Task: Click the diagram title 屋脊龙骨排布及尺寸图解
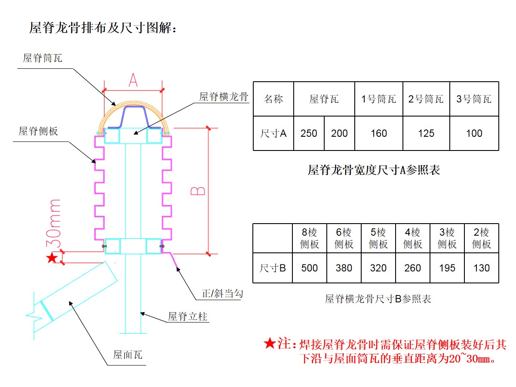click(x=102, y=28)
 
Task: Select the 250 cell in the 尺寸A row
click(x=309, y=133)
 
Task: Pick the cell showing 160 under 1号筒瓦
click(x=378, y=133)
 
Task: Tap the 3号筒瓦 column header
click(x=474, y=99)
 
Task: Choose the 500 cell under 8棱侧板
click(x=309, y=268)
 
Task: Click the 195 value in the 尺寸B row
click(x=447, y=268)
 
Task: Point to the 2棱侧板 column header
click(x=482, y=238)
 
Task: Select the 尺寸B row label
click(x=273, y=268)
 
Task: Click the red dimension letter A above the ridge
click(x=133, y=80)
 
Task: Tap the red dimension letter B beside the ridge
click(x=198, y=191)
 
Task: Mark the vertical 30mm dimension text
click(x=53, y=224)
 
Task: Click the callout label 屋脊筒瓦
click(x=43, y=58)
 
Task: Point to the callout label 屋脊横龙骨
click(x=224, y=97)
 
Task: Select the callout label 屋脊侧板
click(x=38, y=131)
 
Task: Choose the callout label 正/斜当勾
click(x=222, y=294)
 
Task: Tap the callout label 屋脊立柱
click(x=187, y=316)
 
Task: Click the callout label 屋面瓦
click(x=128, y=355)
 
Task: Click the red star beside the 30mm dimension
click(x=52, y=258)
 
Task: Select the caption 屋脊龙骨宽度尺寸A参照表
click(x=374, y=170)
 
